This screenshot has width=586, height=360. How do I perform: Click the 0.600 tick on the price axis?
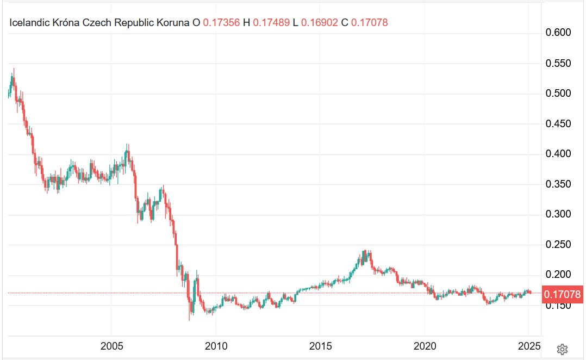click(x=558, y=33)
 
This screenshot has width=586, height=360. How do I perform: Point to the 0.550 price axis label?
click(x=558, y=64)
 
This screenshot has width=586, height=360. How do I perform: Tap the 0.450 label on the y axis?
click(x=558, y=124)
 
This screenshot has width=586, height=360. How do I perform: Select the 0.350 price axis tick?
click(x=558, y=184)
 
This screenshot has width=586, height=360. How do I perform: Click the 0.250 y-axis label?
click(x=558, y=245)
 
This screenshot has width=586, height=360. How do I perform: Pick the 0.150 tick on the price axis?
click(x=558, y=306)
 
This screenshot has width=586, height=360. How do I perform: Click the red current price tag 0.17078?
click(x=563, y=294)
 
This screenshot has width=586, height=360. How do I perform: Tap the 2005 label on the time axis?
click(x=111, y=346)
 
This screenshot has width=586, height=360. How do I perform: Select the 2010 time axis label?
click(x=216, y=346)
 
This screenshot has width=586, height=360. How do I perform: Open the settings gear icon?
click(x=563, y=349)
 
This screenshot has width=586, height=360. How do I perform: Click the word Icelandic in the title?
click(x=29, y=23)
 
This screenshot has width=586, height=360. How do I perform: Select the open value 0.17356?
click(x=221, y=23)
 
